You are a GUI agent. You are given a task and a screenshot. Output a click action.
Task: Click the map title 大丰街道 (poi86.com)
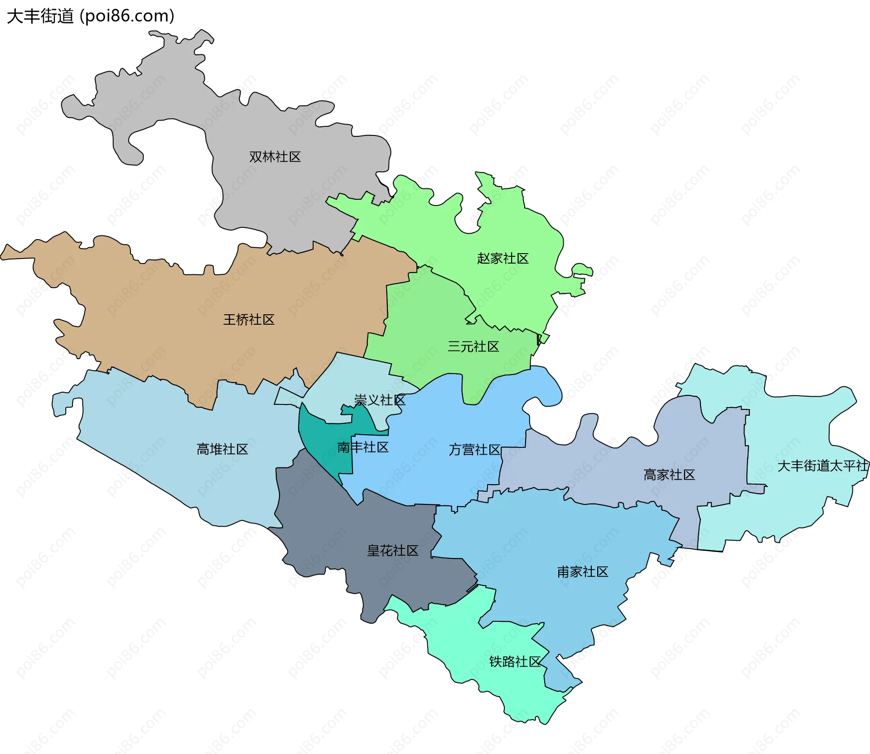click(x=91, y=16)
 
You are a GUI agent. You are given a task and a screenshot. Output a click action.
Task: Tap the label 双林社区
click(x=275, y=157)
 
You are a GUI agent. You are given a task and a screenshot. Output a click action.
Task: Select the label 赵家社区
click(x=503, y=259)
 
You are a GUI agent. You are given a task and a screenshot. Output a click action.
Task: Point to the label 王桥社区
click(x=249, y=320)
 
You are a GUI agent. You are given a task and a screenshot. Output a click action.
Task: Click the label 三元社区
click(x=473, y=346)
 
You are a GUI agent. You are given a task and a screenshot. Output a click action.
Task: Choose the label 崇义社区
click(x=380, y=400)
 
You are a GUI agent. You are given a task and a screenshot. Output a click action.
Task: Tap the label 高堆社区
click(x=222, y=449)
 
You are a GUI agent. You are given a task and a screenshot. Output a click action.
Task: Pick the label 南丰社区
click(x=363, y=447)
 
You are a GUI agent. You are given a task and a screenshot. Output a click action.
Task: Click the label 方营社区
click(x=474, y=450)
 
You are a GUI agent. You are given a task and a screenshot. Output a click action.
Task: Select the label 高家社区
click(x=669, y=475)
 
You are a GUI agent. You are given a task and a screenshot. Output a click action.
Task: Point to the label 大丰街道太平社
click(x=822, y=466)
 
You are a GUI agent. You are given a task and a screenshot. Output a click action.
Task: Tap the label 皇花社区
click(x=392, y=551)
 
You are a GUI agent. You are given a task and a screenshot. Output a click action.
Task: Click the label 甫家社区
click(x=582, y=572)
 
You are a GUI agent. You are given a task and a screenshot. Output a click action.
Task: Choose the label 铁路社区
click(x=515, y=662)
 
